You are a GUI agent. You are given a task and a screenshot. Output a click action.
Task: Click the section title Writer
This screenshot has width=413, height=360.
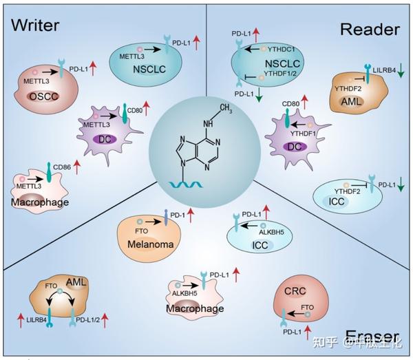(x=36, y=25)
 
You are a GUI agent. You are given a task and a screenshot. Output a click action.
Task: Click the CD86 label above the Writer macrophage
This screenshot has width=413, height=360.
(x=65, y=167)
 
